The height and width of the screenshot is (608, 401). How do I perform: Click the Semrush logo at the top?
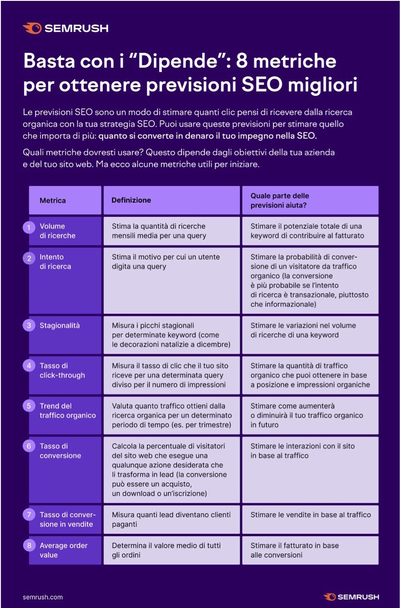[x=65, y=28]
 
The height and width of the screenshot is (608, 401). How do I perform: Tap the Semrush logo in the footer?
[x=351, y=597]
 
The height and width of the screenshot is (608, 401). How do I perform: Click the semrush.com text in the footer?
[x=43, y=597]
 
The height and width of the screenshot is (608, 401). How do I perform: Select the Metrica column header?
[x=52, y=200]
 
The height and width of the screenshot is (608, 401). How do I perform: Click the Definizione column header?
[x=131, y=200]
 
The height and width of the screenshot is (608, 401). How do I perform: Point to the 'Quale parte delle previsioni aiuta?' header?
[x=279, y=200]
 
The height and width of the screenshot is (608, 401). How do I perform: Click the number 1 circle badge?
[x=29, y=228]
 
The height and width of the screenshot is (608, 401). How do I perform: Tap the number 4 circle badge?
[x=29, y=366]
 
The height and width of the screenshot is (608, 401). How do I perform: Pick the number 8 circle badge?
[x=29, y=546]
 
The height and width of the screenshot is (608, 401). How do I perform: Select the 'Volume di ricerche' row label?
[x=57, y=231]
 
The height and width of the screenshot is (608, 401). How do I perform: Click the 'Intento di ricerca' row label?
[x=55, y=262]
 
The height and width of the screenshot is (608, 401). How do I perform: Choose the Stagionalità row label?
[x=60, y=326]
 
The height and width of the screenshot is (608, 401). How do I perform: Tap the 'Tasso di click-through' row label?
[x=62, y=370]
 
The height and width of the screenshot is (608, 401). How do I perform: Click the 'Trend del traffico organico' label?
[x=67, y=411]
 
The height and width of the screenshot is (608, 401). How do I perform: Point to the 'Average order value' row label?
[x=63, y=550]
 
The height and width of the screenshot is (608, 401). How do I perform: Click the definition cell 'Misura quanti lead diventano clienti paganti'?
[x=171, y=519]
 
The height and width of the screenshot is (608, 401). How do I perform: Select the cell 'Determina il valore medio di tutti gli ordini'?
[x=166, y=550]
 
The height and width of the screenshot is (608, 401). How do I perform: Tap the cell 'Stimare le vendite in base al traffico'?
[x=310, y=515]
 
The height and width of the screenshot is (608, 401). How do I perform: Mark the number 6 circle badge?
[x=29, y=447]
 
